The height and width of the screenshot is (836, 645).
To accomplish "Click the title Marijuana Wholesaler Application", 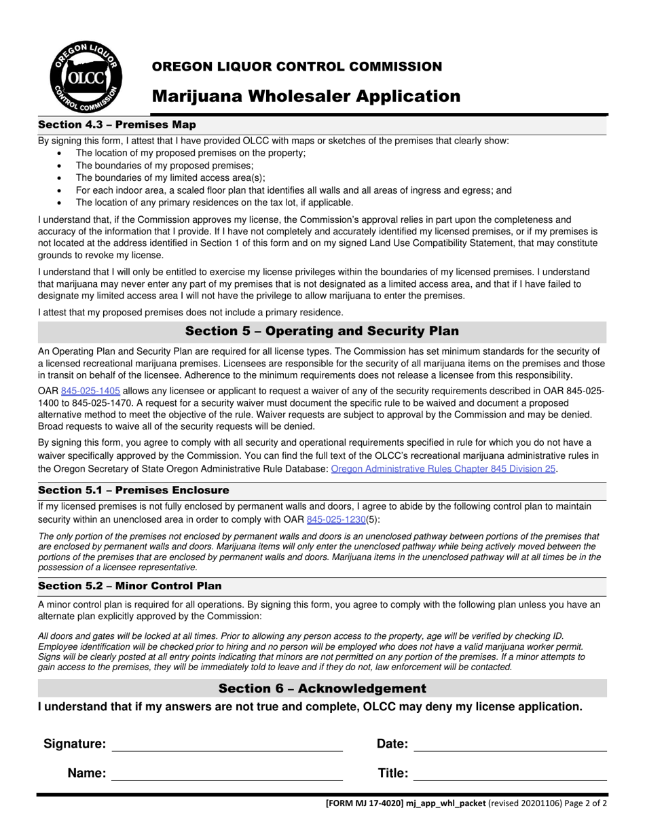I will (x=306, y=97).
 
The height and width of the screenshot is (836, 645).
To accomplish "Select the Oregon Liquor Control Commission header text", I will (x=297, y=67).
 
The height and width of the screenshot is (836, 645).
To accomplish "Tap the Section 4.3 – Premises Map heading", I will (x=117, y=125).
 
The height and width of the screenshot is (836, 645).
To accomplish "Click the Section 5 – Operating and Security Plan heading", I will (x=322, y=332).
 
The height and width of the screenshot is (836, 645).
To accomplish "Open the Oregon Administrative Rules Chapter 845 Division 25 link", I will (x=443, y=469).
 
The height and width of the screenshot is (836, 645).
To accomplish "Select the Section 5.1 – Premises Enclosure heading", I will (x=133, y=491).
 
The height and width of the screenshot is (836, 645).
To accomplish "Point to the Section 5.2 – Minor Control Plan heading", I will (x=129, y=586).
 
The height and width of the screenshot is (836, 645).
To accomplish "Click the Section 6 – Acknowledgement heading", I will (x=322, y=689).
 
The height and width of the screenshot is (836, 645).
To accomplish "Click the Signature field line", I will (x=227, y=746).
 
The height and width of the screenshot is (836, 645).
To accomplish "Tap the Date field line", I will (x=510, y=746).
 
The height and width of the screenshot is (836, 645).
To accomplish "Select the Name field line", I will (x=227, y=775).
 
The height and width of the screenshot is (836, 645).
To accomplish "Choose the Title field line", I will (x=510, y=775).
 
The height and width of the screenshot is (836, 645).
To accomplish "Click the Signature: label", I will (x=75, y=744).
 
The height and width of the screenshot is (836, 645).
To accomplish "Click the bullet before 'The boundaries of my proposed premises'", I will (x=60, y=166).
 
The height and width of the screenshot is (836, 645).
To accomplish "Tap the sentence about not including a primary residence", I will (x=191, y=313).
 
